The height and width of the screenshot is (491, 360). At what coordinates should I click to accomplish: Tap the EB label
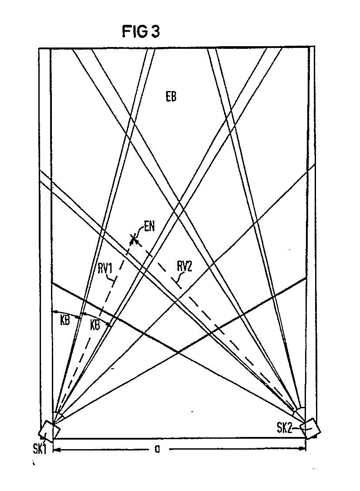pyautogui.click(x=171, y=97)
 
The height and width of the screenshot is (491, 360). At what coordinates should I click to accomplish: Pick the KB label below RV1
pyautogui.click(x=96, y=325)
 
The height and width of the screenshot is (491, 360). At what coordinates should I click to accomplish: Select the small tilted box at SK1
pyautogui.click(x=49, y=431)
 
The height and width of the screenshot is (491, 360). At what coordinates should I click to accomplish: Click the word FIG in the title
pyautogui.click(x=133, y=32)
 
